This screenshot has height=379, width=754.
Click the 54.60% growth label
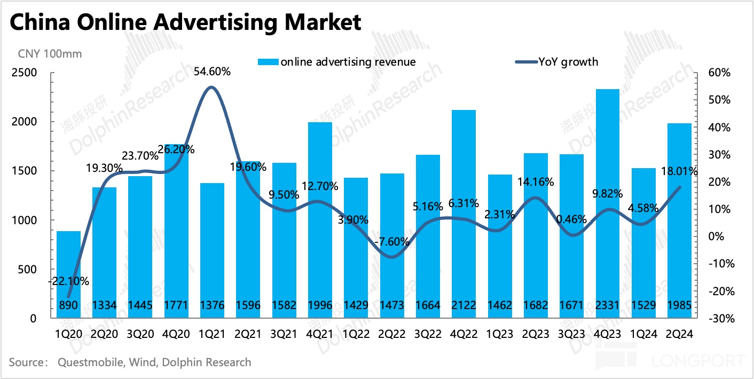212,72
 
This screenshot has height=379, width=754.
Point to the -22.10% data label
68,281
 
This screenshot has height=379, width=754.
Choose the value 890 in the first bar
68,306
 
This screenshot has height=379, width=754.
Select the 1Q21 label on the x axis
212,333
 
